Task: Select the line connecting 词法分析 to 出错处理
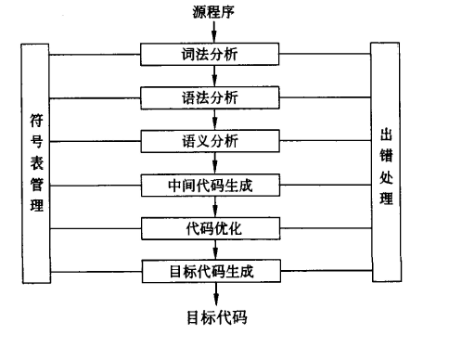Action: (325, 53)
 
